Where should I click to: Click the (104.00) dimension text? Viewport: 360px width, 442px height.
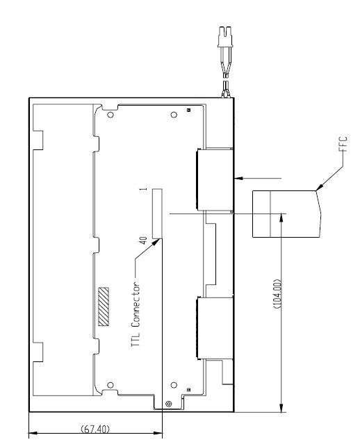coord(277,294)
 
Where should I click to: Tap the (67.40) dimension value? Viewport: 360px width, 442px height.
coord(95,429)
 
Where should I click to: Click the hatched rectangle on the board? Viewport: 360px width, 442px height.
coord(104,306)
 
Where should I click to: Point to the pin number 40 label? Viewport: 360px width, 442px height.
coord(143,240)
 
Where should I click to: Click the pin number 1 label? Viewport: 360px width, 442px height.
coord(145,189)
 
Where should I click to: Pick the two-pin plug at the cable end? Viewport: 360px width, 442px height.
coord(225,37)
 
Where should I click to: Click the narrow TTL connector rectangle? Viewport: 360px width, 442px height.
coord(157,213)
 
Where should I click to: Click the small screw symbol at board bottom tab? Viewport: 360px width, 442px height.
coord(168,404)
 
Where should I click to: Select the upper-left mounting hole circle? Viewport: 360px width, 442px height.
coord(111,115)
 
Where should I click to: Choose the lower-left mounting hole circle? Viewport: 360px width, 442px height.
coord(111,385)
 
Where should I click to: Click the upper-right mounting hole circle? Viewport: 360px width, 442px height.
coord(174,115)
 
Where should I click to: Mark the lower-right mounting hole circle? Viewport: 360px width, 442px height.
coord(174,385)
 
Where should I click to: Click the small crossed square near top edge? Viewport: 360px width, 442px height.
coord(188,110)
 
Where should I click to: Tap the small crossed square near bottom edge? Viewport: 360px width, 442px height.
coord(188,390)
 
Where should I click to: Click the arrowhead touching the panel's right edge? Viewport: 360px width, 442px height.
coord(238,178)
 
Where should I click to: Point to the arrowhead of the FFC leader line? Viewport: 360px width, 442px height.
coord(319,188)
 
